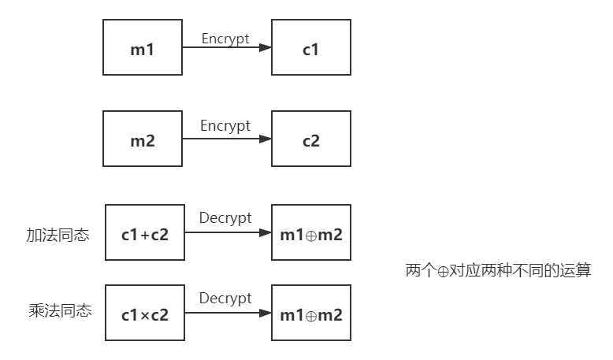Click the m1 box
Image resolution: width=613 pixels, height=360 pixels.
click(x=143, y=49)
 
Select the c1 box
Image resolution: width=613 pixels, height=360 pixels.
click(x=310, y=49)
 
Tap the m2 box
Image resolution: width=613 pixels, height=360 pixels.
click(x=143, y=140)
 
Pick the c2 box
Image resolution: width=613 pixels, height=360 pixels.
click(x=310, y=140)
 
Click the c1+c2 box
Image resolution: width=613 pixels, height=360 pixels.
click(x=145, y=233)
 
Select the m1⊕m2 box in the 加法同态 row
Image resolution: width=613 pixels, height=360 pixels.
click(x=310, y=233)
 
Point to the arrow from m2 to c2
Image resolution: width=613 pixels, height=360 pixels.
click(x=227, y=140)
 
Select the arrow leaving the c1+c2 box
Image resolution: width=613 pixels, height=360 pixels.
click(x=228, y=233)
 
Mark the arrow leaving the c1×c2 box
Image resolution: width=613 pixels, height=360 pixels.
click(x=228, y=314)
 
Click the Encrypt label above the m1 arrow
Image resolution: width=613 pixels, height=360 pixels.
click(x=225, y=39)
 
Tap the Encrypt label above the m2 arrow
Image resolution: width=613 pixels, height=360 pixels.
click(x=225, y=126)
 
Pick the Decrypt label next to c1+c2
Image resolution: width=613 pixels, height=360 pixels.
click(x=225, y=218)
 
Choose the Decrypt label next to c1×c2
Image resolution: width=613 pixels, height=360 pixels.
click(x=225, y=299)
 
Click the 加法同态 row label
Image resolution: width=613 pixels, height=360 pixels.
click(x=58, y=236)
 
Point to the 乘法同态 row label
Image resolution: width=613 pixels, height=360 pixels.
click(x=59, y=311)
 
